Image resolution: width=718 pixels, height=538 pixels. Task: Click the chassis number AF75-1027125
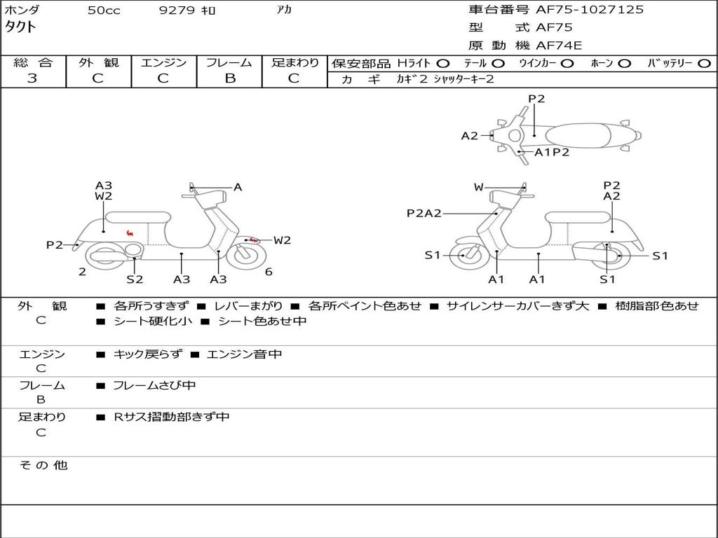tap(590, 10)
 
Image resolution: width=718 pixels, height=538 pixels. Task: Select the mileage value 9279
tap(177, 10)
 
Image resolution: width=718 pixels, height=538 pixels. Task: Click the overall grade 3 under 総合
tap(32, 78)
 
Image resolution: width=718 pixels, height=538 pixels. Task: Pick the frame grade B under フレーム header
tap(230, 78)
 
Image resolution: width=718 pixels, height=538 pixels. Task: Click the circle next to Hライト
tap(443, 64)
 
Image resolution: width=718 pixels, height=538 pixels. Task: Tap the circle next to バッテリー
tap(705, 64)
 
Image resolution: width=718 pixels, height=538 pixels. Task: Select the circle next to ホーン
tap(624, 64)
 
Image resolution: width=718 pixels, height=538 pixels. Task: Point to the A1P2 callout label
tap(552, 152)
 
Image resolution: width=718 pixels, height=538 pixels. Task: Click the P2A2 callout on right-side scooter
tap(424, 213)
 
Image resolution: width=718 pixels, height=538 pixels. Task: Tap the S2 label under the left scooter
tap(135, 279)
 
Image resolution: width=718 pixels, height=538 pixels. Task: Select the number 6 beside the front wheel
tap(269, 272)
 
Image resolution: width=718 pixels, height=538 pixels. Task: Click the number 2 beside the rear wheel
tap(82, 272)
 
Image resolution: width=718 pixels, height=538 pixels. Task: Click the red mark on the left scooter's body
tap(130, 233)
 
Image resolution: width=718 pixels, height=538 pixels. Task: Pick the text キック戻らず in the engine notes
tap(147, 354)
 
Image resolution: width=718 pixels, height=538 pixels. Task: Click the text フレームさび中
tap(154, 385)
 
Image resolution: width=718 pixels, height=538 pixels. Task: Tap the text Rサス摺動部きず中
tap(171, 417)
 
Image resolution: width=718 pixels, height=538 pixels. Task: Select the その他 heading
tap(43, 465)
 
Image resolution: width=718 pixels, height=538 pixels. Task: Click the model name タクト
tap(20, 27)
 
